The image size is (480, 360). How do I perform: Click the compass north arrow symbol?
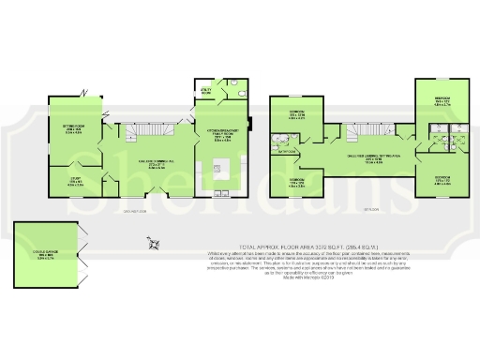click(152, 246)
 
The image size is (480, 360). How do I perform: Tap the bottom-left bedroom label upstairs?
click(297, 181)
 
